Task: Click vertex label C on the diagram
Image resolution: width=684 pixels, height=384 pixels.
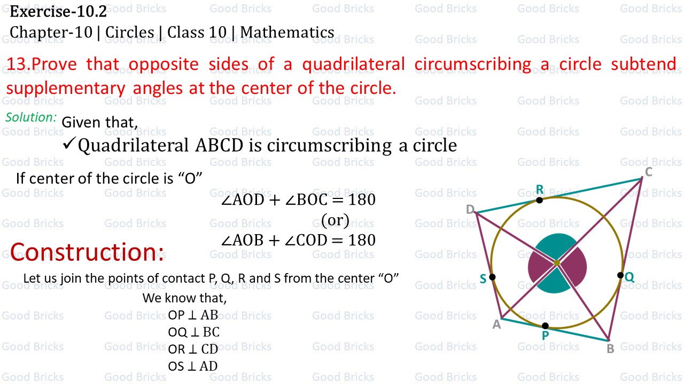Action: [x=648, y=172]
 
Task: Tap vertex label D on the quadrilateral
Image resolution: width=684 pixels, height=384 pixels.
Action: [x=470, y=210]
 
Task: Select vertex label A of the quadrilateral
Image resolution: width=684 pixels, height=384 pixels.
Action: [x=496, y=324]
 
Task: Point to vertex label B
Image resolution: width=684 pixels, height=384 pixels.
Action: [x=610, y=349]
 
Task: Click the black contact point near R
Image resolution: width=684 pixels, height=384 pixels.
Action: [x=539, y=200]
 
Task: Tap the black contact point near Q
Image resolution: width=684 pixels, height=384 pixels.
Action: [x=620, y=275]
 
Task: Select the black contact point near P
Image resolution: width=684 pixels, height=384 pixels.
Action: [x=545, y=325]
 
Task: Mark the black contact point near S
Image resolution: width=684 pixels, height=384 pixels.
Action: [x=492, y=277]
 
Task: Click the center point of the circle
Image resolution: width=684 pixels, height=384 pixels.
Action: [x=556, y=262]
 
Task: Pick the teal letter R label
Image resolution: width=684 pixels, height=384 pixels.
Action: [x=539, y=190]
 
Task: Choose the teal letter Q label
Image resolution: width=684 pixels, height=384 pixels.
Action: [x=629, y=277]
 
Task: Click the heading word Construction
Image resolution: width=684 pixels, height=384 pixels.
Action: [x=87, y=252]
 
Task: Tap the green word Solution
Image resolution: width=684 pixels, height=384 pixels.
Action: [x=31, y=117]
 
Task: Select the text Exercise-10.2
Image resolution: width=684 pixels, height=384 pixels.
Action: [x=58, y=11]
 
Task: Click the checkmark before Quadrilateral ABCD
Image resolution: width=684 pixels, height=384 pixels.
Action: [x=69, y=144]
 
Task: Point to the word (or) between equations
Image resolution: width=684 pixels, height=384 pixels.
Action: [x=335, y=219]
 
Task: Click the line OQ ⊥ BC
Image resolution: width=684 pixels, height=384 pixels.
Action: [x=193, y=332]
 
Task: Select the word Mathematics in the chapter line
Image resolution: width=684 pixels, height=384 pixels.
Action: [x=287, y=33]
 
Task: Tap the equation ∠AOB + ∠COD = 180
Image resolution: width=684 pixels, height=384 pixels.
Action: [x=298, y=240]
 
